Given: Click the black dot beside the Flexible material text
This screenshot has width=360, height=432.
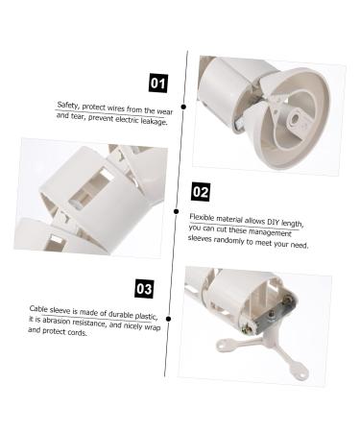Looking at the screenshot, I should click(x=176, y=210).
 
